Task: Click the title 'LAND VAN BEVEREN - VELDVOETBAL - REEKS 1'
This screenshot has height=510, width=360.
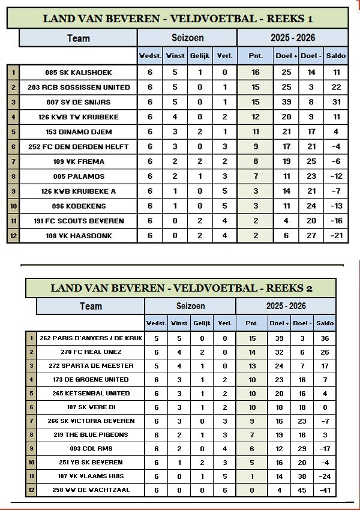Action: pyautogui.click(x=178, y=19)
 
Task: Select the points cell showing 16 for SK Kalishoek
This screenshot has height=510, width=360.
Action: pyautogui.click(x=256, y=73)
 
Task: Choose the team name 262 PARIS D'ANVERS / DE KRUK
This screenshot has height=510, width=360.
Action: pyautogui.click(x=91, y=338)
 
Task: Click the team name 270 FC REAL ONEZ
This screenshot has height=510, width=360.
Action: pyautogui.click(x=91, y=352)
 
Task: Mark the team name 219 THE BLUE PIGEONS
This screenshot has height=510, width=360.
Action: pyautogui.click(x=91, y=434)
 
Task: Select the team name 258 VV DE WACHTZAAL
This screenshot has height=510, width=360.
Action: pyautogui.click(x=91, y=490)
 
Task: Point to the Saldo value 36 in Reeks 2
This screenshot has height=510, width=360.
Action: pyautogui.click(x=325, y=338)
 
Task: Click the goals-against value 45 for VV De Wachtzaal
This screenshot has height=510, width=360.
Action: pyautogui.click(x=302, y=490)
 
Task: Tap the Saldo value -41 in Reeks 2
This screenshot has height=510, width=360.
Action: pyautogui.click(x=325, y=490)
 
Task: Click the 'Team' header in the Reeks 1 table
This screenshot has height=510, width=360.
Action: pyautogui.click(x=79, y=38)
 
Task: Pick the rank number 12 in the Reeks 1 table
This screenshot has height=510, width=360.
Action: pyautogui.click(x=13, y=236)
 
